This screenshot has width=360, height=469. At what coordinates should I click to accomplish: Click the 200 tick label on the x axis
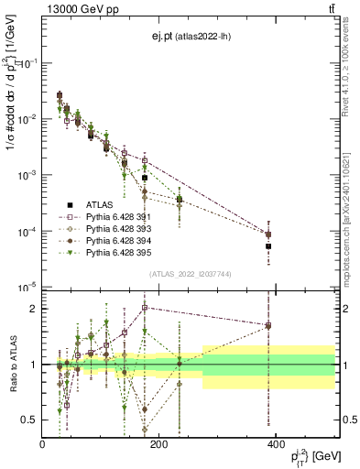click(x=158, y=444)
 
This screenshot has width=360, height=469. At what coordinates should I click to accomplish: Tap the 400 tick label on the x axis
click(x=275, y=444)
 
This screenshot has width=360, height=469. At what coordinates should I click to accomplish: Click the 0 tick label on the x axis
click(x=42, y=444)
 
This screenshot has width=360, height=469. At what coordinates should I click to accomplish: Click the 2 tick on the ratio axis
click(x=33, y=309)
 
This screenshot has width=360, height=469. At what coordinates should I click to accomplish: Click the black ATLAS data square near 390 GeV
click(x=268, y=246)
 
